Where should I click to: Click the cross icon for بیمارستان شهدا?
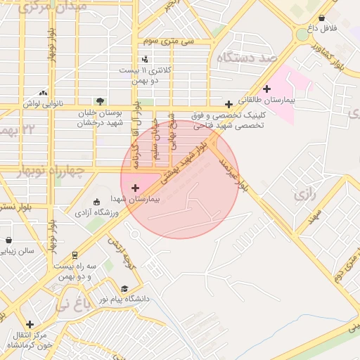(135, 188)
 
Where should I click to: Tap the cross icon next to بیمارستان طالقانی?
(266, 89)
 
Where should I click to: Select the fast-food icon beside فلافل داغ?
(322, 18)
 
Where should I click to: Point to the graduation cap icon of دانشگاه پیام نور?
(124, 288)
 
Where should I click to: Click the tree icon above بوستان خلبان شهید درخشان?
(100, 101)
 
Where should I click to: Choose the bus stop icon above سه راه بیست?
(75, 255)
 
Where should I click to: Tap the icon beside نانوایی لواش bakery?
(44, 92)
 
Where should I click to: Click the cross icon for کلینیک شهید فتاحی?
(229, 103)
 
